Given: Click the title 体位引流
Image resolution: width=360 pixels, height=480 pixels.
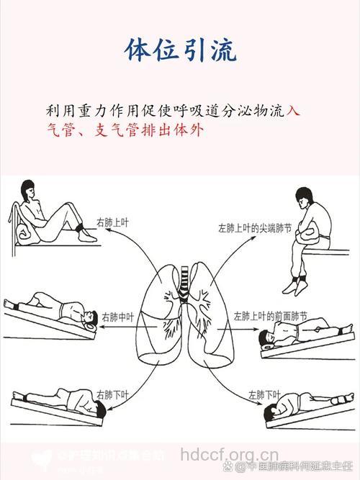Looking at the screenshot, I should tap(180, 50).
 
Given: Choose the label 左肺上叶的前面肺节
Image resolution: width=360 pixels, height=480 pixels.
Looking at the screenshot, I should tap(270, 316).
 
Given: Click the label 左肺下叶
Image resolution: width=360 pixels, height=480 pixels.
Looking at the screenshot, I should tap(263, 394).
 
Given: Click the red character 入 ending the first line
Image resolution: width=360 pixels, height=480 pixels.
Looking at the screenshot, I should tap(293, 112).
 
